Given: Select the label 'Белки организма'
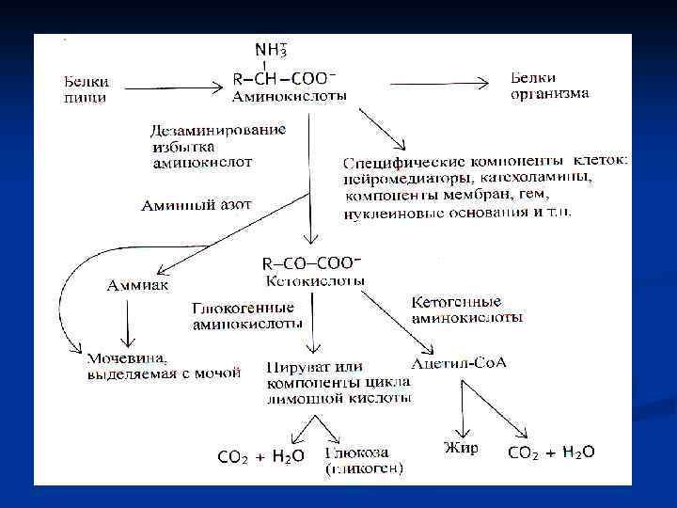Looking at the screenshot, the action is tap(549, 85).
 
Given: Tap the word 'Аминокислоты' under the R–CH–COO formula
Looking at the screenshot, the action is tap(289, 96).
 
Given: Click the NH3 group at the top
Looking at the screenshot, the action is tap(272, 48).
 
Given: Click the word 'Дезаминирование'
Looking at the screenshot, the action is tap(217, 130).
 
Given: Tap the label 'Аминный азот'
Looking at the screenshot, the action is tap(195, 203).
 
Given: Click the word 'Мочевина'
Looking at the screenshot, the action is tap(127, 357).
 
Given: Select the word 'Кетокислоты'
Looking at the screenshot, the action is tap(309, 280).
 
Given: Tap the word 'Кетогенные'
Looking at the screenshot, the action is tap(457, 302).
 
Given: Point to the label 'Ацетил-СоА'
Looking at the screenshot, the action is tap(459, 362).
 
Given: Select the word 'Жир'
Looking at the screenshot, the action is tap(461, 448).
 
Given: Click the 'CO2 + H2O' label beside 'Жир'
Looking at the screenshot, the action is tap(551, 452).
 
